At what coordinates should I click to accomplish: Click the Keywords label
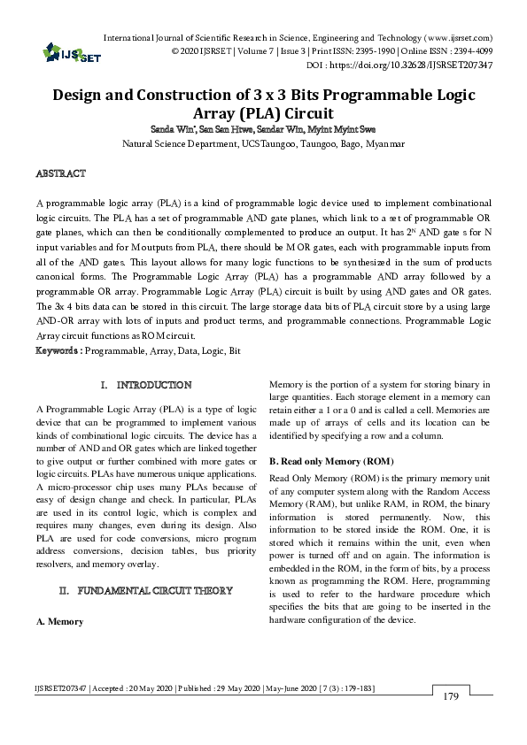pyautogui.click(x=58, y=350)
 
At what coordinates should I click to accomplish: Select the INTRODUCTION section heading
pyautogui.click(x=154, y=385)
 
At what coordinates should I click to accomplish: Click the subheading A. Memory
pyautogui.click(x=59, y=621)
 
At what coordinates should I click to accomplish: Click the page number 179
pyautogui.click(x=451, y=697)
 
